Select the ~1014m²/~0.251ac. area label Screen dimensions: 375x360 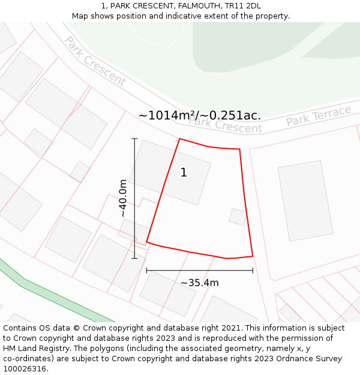[x=200, y=115]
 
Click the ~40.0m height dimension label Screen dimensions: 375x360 [x=122, y=199]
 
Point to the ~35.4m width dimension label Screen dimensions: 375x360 [x=200, y=283]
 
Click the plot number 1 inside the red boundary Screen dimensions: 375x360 [x=184, y=173]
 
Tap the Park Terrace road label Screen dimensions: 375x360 [x=318, y=116]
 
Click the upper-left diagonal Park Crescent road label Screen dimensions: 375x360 [x=95, y=61]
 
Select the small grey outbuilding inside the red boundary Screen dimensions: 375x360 [x=238, y=217]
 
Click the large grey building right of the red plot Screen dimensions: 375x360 [x=305, y=200]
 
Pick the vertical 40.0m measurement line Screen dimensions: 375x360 [x=134, y=199]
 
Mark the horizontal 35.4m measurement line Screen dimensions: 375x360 [x=200, y=271]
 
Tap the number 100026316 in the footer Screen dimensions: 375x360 [x=25, y=368]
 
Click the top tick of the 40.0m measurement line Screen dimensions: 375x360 [x=134, y=139]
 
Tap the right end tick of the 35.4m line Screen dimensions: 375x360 [x=253, y=271]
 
